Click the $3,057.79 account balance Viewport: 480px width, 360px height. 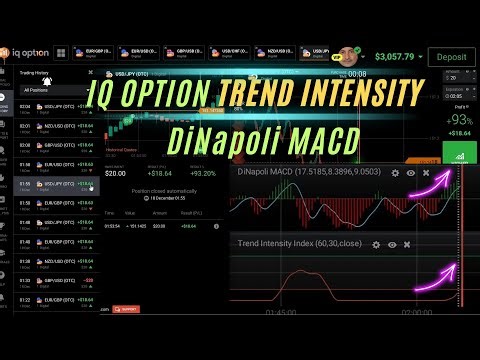click(x=396, y=57)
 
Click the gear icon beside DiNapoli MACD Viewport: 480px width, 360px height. click(x=395, y=173)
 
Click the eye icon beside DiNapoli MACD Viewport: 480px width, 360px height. click(x=410, y=173)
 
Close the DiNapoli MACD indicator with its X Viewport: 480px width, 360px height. click(x=425, y=173)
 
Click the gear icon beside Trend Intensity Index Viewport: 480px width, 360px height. click(x=375, y=244)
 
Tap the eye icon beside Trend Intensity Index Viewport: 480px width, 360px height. click(x=391, y=244)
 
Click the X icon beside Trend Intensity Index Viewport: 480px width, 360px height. click(x=407, y=244)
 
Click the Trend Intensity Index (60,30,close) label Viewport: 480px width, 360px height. click(x=299, y=244)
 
